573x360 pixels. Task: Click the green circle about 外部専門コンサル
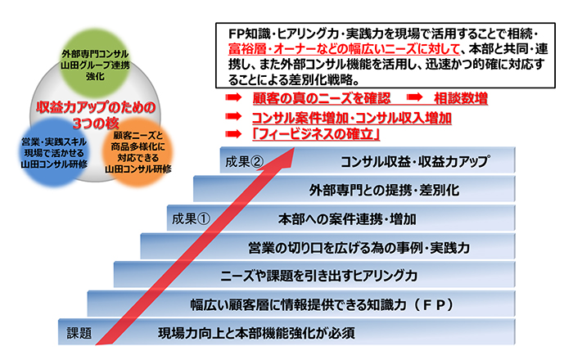(x=95, y=64)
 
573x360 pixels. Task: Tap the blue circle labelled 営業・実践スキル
(x=54, y=152)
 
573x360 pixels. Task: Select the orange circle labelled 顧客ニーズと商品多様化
(x=138, y=152)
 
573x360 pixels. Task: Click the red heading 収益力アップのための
(x=96, y=107)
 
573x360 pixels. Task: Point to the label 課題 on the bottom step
(x=79, y=333)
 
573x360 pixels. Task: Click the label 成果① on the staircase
(x=191, y=218)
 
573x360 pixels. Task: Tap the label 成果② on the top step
(x=245, y=161)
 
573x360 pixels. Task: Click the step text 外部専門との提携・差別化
(x=385, y=190)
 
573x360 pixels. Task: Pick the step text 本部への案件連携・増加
(x=347, y=219)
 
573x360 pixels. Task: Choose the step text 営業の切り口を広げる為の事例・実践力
(x=359, y=248)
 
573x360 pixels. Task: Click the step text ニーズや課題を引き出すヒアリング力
(x=318, y=276)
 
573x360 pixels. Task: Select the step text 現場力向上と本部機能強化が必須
(x=256, y=333)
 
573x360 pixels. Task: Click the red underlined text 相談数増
(x=461, y=98)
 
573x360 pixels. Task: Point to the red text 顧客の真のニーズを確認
(x=322, y=98)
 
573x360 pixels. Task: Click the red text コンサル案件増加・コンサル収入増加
(x=351, y=118)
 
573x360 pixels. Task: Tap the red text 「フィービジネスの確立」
(x=316, y=134)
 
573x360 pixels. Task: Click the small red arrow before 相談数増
(x=414, y=97)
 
